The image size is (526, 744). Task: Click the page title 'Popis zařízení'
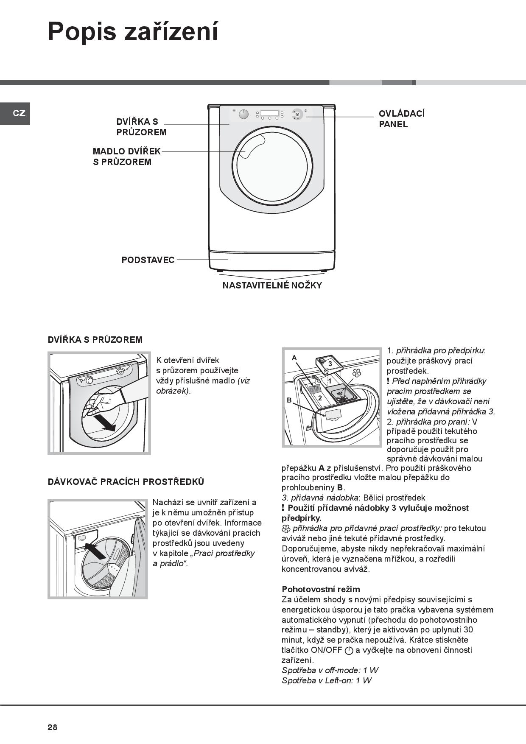tap(133, 31)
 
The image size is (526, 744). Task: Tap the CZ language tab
tap(19, 113)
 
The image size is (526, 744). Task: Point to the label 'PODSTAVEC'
tap(148, 260)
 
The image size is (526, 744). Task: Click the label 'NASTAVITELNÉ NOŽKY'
tap(272, 285)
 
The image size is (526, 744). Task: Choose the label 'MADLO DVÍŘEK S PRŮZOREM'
tap(126, 157)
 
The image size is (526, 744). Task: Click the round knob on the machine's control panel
tap(243, 115)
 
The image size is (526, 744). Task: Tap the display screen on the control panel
tap(269, 113)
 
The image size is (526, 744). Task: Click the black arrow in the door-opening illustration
tap(104, 422)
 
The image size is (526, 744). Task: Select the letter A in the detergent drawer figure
tap(294, 358)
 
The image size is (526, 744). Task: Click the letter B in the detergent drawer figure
tap(289, 400)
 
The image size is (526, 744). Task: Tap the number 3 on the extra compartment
tap(330, 364)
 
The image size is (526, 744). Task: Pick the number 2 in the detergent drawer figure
tap(320, 398)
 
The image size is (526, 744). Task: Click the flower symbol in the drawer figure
tap(357, 373)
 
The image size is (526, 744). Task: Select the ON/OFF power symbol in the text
tap(349, 651)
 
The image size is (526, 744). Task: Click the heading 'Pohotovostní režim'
tap(321, 589)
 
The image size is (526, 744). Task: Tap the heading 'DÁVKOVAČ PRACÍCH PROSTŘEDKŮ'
tap(126, 482)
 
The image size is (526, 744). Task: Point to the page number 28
tap(53, 727)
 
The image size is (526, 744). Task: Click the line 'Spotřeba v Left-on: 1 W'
tap(326, 680)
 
